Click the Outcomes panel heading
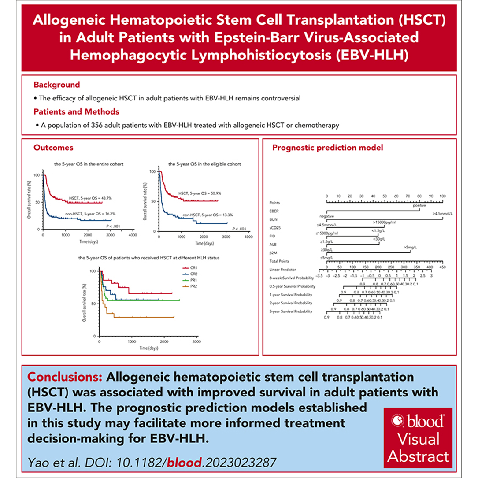53,148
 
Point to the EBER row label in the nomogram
274,211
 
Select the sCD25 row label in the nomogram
275,227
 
